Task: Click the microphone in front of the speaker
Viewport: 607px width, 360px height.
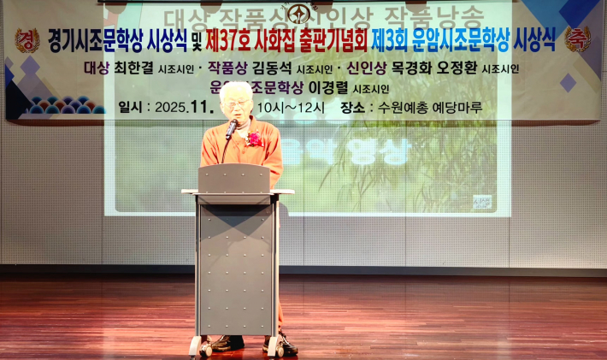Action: (232, 127)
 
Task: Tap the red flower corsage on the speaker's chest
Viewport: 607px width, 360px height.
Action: (253, 138)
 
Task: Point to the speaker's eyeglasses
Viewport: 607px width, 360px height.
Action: (236, 104)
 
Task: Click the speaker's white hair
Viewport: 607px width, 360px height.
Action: (236, 90)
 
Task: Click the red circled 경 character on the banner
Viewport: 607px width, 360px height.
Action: (27, 39)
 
